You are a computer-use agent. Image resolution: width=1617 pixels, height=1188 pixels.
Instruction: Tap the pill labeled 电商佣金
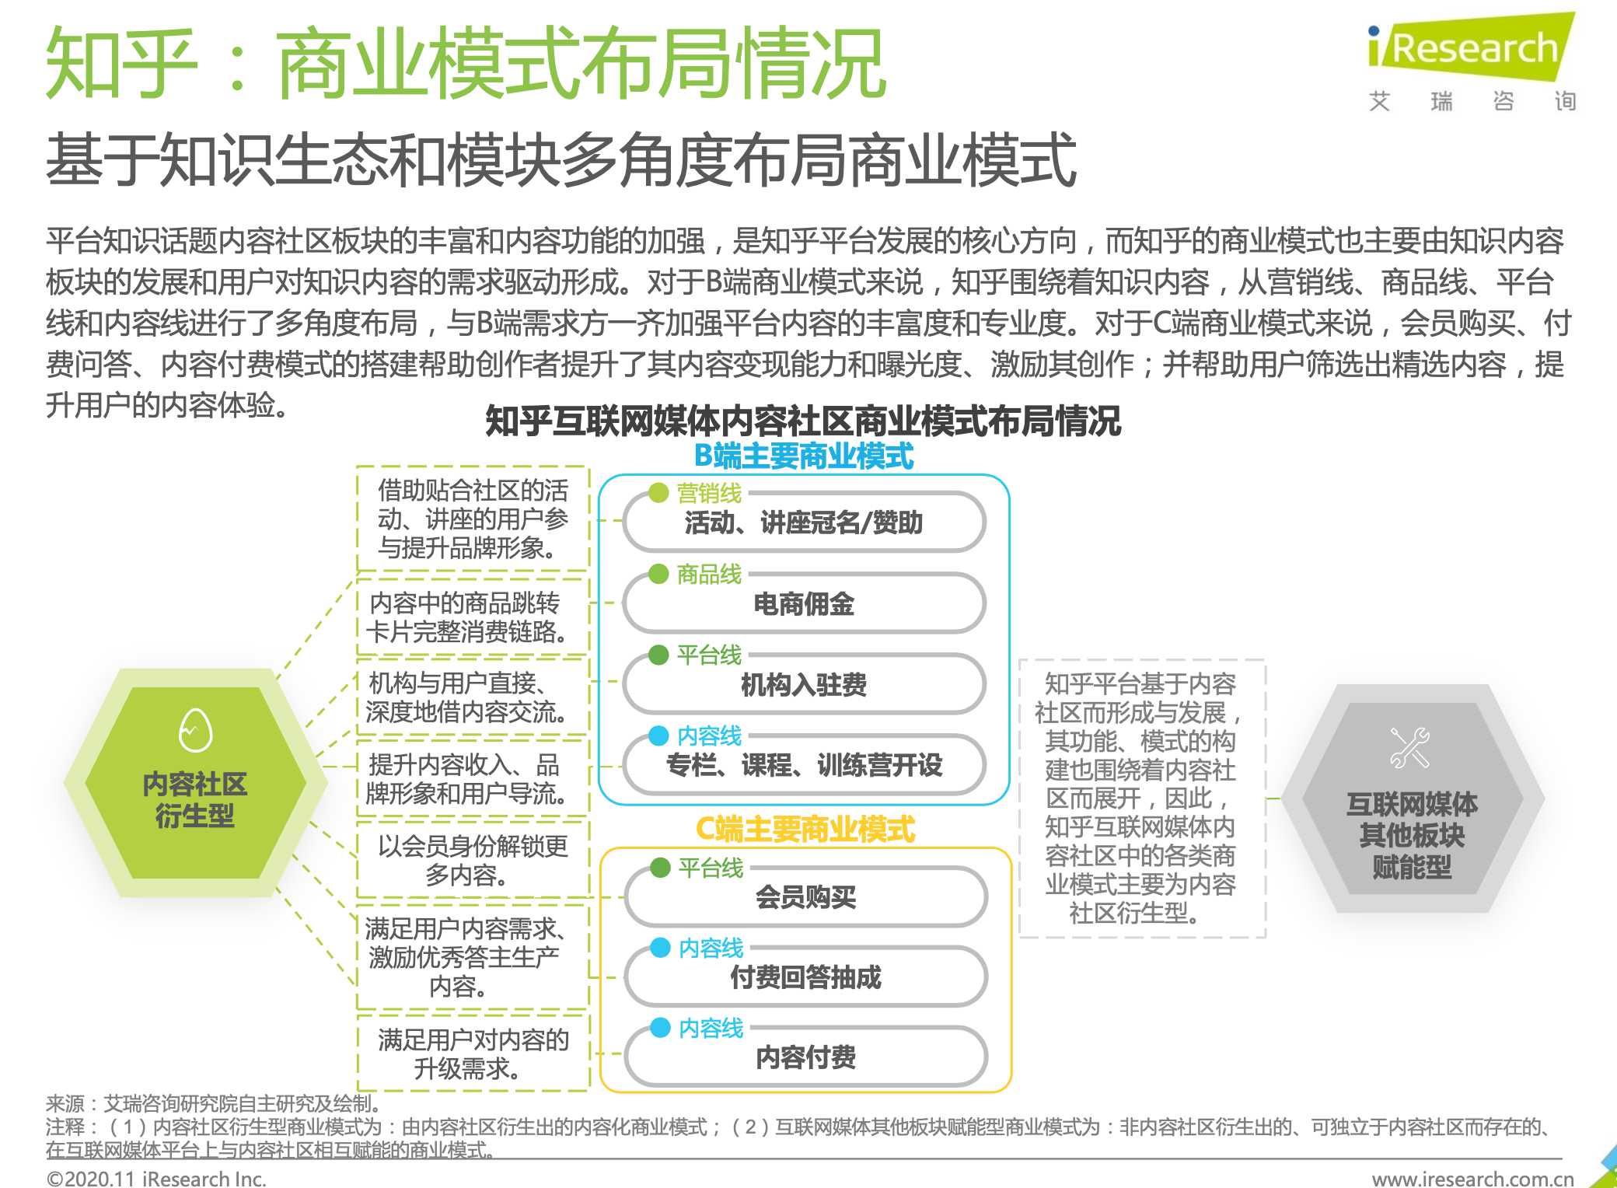click(x=804, y=604)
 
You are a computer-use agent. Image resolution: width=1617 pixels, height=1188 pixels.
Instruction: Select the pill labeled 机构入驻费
click(x=804, y=685)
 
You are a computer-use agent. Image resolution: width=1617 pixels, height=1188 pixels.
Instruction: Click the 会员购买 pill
click(x=805, y=897)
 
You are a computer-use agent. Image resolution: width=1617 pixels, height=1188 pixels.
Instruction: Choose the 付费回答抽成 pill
click(x=805, y=977)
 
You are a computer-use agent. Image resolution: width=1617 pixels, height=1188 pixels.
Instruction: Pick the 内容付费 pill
click(x=805, y=1057)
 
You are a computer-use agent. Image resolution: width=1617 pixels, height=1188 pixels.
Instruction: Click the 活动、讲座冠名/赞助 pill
click(x=804, y=522)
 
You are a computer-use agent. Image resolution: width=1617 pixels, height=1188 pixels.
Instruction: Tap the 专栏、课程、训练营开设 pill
click(x=804, y=766)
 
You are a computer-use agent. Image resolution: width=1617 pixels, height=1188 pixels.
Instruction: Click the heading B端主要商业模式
click(x=804, y=456)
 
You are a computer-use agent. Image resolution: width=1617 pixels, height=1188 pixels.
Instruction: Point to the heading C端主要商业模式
click(x=805, y=830)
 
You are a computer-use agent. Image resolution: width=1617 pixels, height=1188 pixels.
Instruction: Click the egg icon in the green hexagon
click(x=195, y=730)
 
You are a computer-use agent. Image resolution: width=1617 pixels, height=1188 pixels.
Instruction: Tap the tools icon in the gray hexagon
click(x=1409, y=748)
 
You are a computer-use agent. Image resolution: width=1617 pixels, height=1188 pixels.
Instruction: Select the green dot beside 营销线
click(x=658, y=493)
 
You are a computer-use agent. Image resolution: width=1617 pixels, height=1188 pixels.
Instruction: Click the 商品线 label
click(x=709, y=575)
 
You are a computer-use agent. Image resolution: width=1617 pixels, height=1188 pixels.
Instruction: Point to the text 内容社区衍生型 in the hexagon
click(x=195, y=800)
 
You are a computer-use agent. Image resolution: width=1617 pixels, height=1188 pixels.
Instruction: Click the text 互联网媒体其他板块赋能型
click(x=1412, y=836)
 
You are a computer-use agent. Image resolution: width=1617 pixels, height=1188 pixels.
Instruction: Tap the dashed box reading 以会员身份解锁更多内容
click(x=473, y=861)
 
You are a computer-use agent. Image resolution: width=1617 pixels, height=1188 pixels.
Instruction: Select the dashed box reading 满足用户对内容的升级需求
click(x=473, y=1054)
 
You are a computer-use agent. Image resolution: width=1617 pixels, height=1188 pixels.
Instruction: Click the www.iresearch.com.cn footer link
click(x=1472, y=1179)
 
